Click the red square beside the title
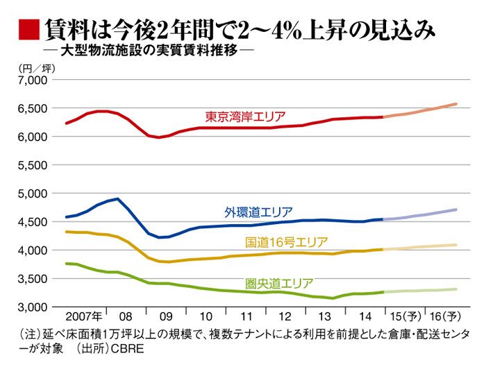(26, 30)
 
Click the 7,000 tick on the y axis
(31, 80)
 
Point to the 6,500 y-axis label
(31, 108)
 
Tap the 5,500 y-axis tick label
(31, 165)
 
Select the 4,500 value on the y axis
(31, 222)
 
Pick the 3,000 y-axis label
(31, 307)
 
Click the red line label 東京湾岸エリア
(245, 116)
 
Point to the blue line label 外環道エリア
(258, 212)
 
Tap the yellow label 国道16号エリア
(287, 242)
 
